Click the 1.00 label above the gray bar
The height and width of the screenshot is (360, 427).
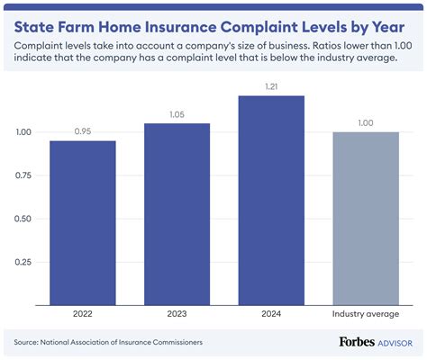coord(366,121)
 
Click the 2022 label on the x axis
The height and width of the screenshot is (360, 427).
coord(82,314)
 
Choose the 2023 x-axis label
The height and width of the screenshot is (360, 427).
coord(177,314)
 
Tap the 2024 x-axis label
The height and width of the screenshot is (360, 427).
coord(271,314)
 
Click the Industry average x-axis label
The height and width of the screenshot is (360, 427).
coord(366,314)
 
